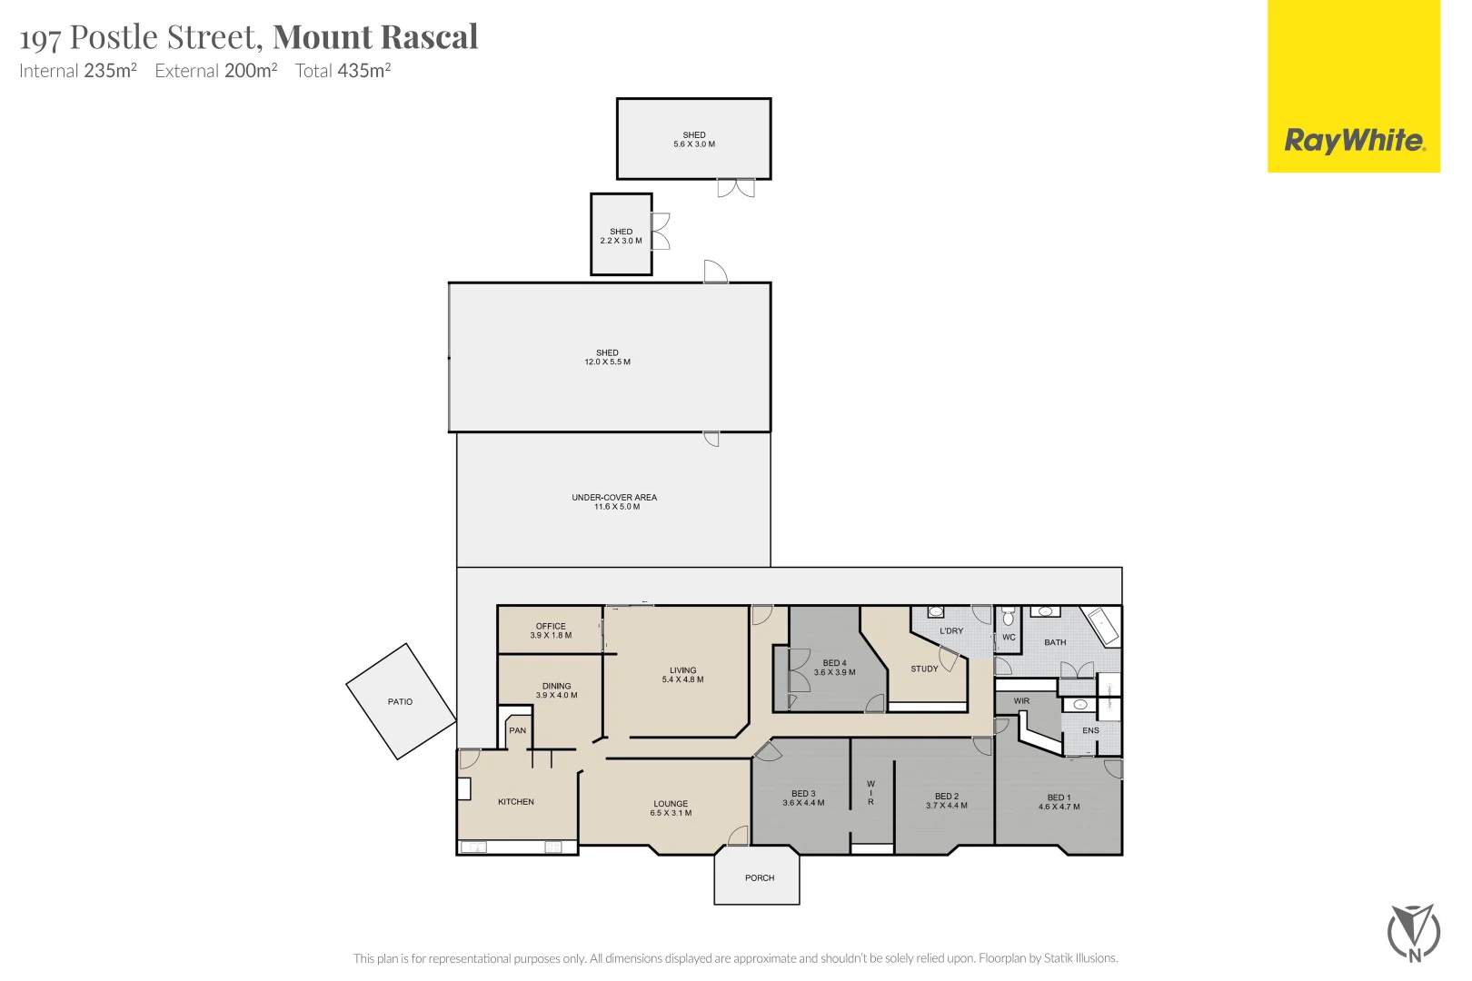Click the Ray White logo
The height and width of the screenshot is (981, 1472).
coord(1354,141)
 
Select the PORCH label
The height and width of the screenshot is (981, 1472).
coord(760,878)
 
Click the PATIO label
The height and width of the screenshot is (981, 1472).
coord(400,702)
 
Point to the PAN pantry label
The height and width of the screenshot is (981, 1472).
coord(518,730)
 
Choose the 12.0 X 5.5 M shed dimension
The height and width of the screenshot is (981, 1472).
coord(608,362)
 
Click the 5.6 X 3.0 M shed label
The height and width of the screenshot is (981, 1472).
coord(694,144)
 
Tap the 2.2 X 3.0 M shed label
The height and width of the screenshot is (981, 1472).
coord(622,241)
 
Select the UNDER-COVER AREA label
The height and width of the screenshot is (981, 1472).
coord(614,498)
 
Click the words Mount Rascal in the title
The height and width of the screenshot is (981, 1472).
coord(375,37)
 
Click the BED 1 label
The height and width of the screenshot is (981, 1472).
coord(1059,798)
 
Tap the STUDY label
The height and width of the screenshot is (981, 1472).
coord(924,669)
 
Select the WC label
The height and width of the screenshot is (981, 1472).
coord(1009,638)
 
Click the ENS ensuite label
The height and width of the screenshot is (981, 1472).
coord(1090,730)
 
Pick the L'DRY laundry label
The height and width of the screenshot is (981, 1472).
coord(951,631)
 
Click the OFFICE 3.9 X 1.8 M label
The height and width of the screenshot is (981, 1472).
coord(551,630)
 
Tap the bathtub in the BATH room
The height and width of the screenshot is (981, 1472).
coord(1102,626)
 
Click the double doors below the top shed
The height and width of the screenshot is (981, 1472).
coord(736,188)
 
